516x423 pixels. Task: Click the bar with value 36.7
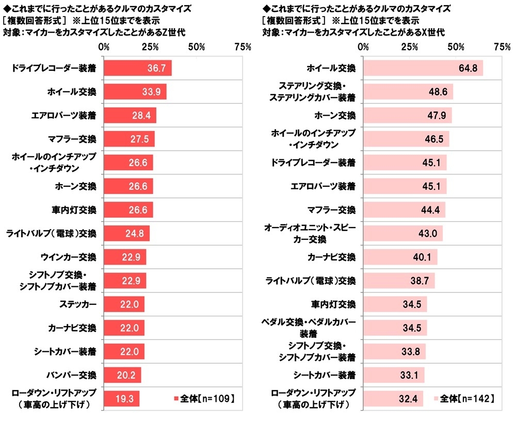click(138, 68)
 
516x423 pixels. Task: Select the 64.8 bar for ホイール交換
click(423, 68)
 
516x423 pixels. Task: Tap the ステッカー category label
click(77, 304)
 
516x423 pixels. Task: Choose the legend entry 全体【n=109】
click(204, 398)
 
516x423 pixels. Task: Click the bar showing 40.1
click(400, 257)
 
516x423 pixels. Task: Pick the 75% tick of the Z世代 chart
click(242, 47)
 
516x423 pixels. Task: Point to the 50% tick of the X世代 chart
click(456, 47)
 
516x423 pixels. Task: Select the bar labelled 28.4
click(130, 116)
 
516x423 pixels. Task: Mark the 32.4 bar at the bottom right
click(393, 399)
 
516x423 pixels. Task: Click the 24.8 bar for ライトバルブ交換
click(126, 233)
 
